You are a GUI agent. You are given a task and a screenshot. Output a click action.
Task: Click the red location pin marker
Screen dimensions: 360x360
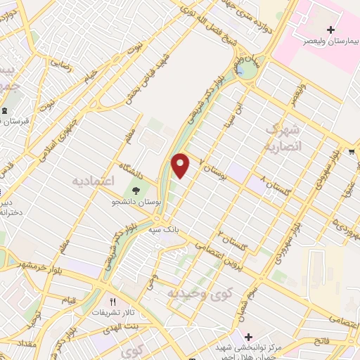[181, 165]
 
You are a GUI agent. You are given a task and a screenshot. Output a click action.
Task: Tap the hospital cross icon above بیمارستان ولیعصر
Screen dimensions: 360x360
[311, 30]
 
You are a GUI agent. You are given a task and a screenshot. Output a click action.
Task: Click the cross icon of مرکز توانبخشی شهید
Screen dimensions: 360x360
[241, 335]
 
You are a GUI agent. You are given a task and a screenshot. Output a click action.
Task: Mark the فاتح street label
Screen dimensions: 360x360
[321, 340]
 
